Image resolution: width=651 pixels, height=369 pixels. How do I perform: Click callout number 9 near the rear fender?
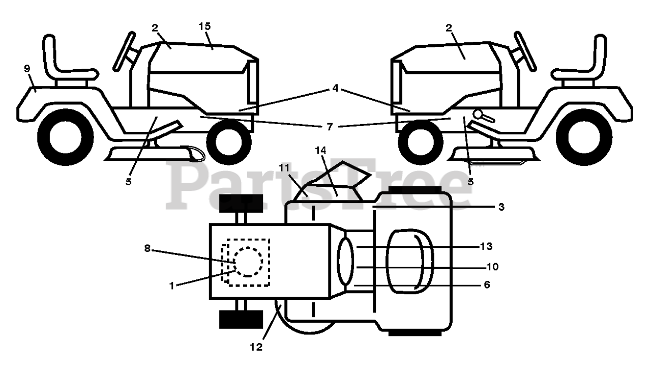(27, 69)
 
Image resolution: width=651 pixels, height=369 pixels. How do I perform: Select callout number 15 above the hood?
(204, 26)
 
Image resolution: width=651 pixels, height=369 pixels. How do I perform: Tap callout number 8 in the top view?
(147, 249)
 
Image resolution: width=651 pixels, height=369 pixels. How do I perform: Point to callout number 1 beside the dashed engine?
(172, 286)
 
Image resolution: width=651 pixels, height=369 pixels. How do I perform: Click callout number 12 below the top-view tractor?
(256, 347)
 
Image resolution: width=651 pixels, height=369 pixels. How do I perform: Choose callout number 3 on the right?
(501, 207)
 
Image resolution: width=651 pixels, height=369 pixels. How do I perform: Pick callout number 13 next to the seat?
(486, 246)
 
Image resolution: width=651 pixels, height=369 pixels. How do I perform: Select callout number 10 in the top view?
(492, 267)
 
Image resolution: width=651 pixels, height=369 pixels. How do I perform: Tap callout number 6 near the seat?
(487, 285)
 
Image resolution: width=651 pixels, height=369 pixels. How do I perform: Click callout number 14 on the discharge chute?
(334, 151)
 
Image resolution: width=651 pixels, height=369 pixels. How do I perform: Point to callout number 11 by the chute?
(284, 167)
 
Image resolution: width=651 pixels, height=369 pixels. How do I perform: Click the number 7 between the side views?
(330, 127)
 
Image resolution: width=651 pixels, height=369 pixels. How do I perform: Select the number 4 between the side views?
(335, 88)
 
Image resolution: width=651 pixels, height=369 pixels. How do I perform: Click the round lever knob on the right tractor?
(478, 113)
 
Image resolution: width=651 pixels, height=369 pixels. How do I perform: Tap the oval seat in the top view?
(411, 261)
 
